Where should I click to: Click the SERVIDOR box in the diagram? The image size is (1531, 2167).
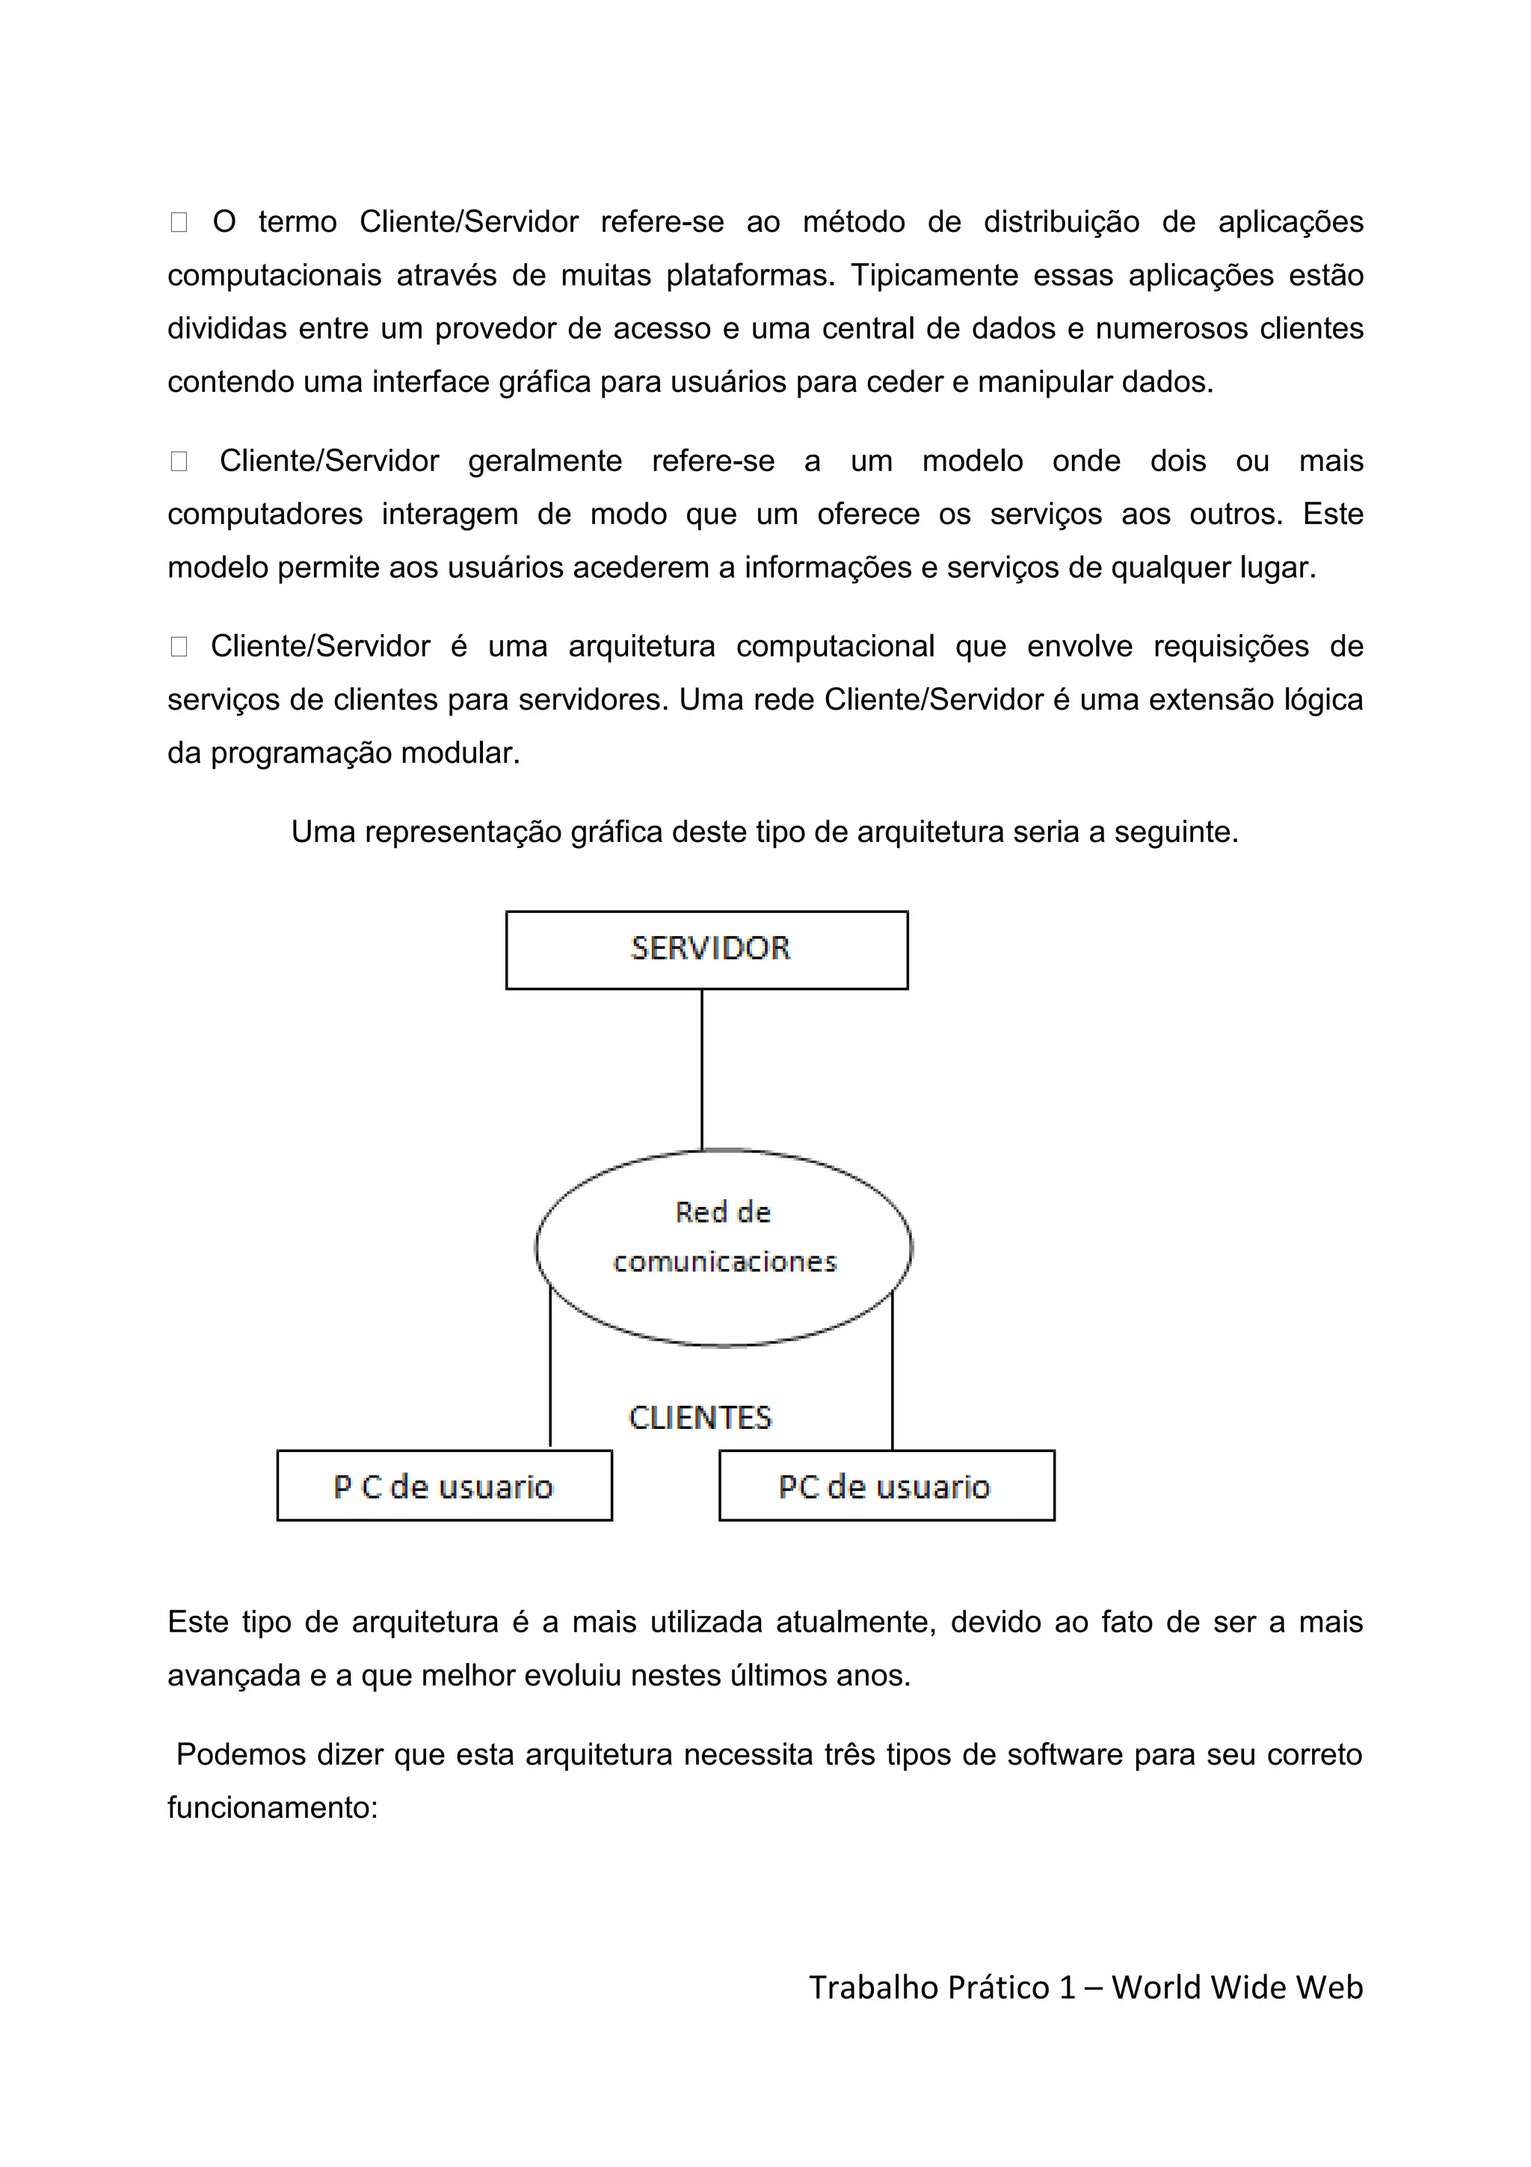pyautogui.click(x=706, y=950)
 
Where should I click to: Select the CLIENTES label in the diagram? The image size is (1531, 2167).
pyautogui.click(x=700, y=1418)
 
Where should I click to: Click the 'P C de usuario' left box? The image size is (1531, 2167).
pyautogui.click(x=444, y=1486)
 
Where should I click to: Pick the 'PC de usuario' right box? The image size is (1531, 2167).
pyautogui.click(x=886, y=1486)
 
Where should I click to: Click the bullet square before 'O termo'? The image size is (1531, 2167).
pyautogui.click(x=178, y=223)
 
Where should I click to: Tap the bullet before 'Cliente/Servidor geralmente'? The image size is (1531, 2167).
pyautogui.click(x=178, y=461)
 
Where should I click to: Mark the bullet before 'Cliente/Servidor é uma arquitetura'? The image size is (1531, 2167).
pyautogui.click(x=178, y=647)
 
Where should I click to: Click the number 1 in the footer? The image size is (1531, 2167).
pyautogui.click(x=1067, y=1987)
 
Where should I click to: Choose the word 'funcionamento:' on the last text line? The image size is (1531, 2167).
pyautogui.click(x=273, y=1807)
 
